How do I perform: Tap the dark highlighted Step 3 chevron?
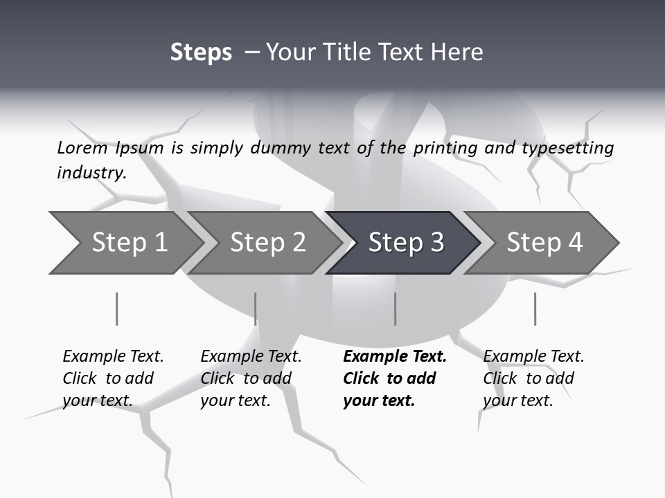405,243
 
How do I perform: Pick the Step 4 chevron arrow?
544,243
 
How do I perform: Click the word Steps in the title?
201,53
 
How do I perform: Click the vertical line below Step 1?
117,308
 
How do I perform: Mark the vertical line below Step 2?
256,308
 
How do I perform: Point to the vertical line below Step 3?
396,308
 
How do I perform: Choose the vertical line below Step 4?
535,308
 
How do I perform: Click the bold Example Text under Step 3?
395,356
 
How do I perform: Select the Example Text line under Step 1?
113,356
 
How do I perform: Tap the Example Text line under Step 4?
533,356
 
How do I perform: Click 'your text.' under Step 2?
235,400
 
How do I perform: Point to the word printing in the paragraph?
443,147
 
